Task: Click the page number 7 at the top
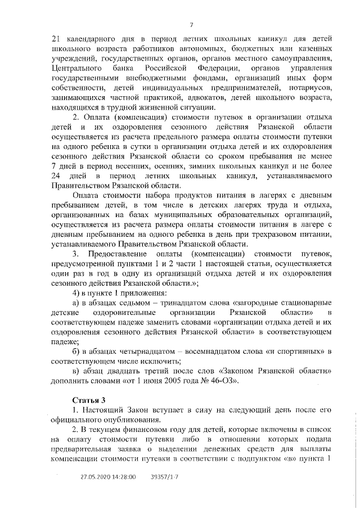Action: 191,24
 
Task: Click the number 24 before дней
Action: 56,177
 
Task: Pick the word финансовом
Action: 143,430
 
